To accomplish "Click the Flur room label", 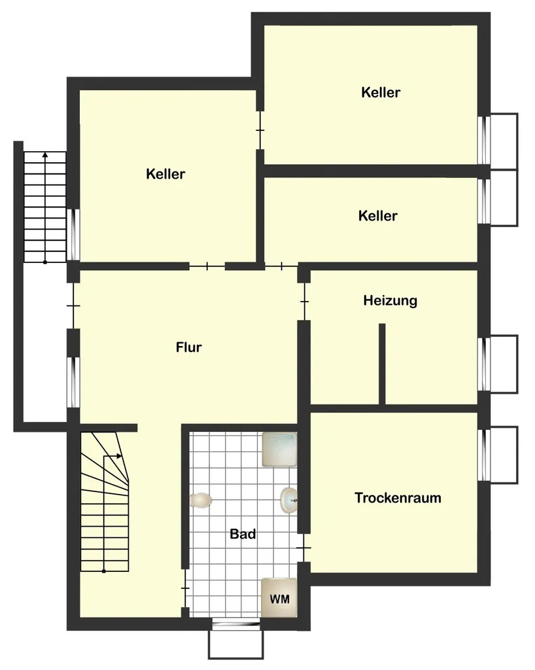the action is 189,347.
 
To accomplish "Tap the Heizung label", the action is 390,301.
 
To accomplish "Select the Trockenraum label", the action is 398,498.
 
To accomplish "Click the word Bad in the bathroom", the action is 243,534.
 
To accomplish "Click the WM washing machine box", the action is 279,598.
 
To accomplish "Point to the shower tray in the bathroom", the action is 279,449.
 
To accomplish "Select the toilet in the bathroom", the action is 200,500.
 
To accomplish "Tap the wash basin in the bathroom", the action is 288,500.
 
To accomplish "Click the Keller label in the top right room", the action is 381,92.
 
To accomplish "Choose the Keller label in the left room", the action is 165,174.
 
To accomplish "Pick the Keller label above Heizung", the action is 378,215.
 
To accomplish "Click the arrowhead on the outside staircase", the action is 45,154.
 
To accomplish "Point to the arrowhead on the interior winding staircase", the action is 119,456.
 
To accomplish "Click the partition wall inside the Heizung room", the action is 382,364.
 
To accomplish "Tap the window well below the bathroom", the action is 235,644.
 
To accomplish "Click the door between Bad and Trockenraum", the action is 304,548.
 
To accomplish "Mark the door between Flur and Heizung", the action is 304,302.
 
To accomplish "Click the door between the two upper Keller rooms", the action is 260,130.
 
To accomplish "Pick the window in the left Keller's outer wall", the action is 73,234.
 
